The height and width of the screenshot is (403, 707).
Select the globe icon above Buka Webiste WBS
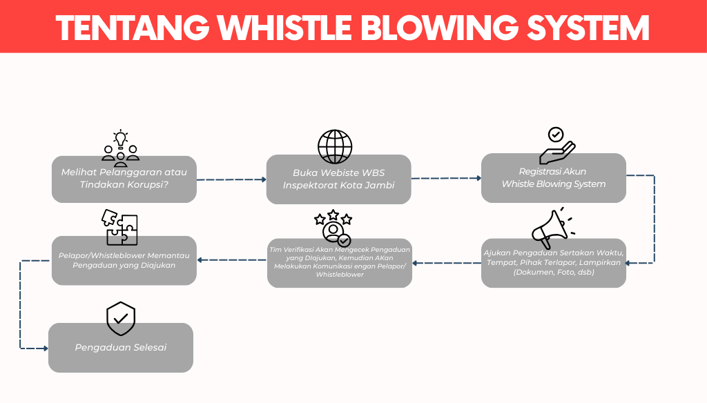pyautogui.click(x=335, y=146)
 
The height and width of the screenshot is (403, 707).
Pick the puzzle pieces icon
pyautogui.click(x=122, y=227)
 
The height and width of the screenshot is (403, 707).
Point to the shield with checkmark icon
pyautogui.click(x=121, y=317)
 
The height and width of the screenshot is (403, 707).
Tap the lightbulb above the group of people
pyautogui.click(x=121, y=137)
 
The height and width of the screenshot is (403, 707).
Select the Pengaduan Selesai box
pyautogui.click(x=121, y=348)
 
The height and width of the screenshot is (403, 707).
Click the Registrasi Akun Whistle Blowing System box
pyautogui.click(x=554, y=178)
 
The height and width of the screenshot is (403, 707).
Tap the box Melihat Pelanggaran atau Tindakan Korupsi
pyautogui.click(x=124, y=178)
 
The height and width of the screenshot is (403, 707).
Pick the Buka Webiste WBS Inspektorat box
pyautogui.click(x=339, y=179)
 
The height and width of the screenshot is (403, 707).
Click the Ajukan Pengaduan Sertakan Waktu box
pyautogui.click(x=554, y=262)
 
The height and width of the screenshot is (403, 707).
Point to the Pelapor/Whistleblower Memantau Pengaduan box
pyautogui.click(x=124, y=260)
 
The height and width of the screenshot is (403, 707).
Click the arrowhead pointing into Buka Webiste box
pyautogui.click(x=263, y=179)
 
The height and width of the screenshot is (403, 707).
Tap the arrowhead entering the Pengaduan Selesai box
pyautogui.click(x=45, y=348)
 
